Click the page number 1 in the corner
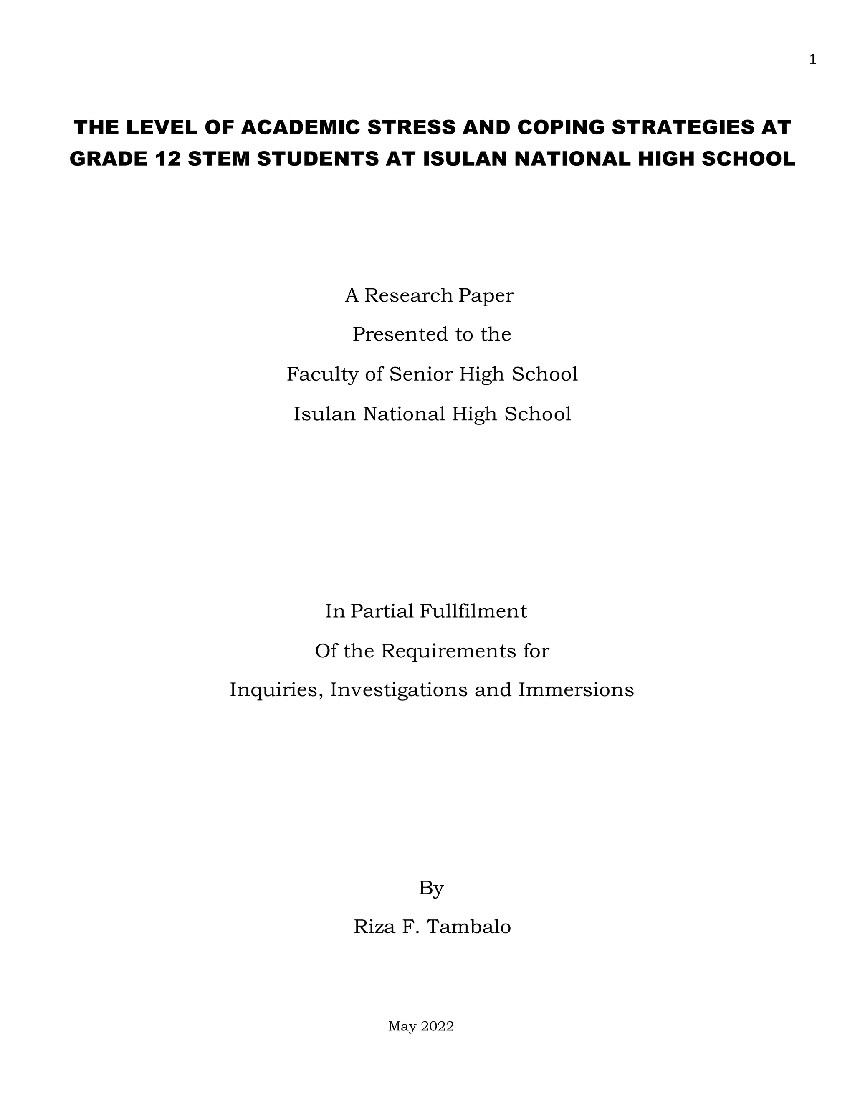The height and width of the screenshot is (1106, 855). click(812, 60)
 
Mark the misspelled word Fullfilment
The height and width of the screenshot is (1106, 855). click(473, 611)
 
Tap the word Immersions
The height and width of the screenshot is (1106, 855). click(576, 690)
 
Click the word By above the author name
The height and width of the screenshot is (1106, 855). click(431, 888)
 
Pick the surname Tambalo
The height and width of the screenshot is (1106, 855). click(469, 927)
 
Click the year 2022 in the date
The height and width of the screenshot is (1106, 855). click(438, 1027)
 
